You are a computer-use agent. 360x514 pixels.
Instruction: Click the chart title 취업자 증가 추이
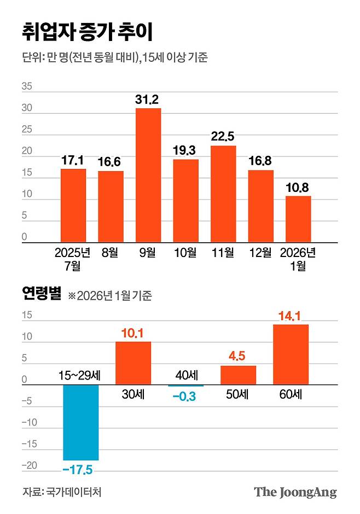88,31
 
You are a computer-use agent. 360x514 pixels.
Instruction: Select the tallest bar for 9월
148,175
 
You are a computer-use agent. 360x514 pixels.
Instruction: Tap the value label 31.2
148,100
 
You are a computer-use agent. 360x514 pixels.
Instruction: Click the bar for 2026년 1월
298,219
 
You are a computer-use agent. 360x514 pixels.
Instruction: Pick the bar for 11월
223,194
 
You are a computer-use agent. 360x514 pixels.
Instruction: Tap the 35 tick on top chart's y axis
27,86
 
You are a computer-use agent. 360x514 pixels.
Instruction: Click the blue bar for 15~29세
80,422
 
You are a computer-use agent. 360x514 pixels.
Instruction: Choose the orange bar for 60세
291,354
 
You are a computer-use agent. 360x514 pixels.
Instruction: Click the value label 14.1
291,316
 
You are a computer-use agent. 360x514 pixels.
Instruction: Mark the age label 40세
186,376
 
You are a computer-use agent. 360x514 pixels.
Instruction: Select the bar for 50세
238,375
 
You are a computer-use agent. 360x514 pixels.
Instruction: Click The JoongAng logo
295,492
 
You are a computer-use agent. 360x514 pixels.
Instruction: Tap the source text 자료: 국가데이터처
62,492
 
